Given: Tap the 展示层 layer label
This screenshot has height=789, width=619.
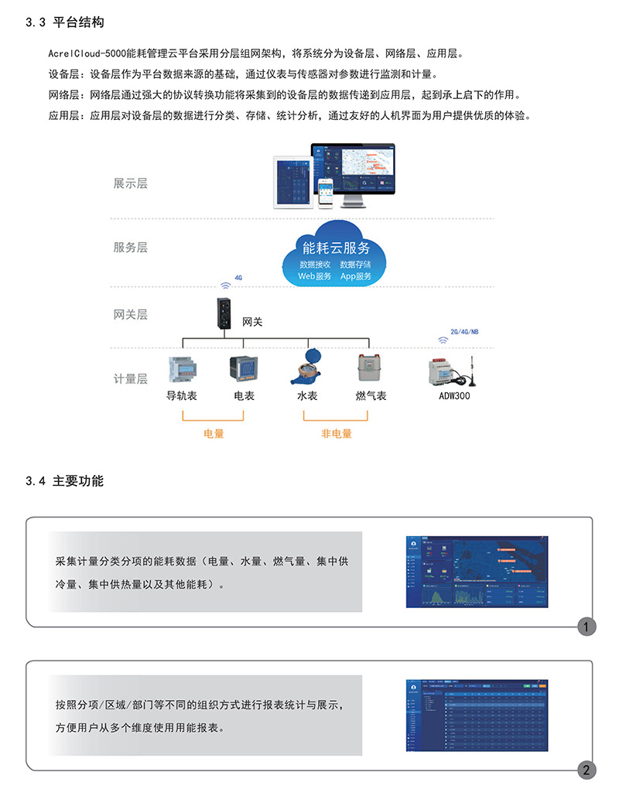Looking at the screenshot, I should pyautogui.click(x=130, y=183).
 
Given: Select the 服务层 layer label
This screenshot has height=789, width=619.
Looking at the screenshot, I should pyautogui.click(x=130, y=248).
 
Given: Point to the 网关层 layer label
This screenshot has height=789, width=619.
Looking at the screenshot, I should pyautogui.click(x=130, y=315).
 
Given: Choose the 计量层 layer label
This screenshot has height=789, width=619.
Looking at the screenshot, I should pyautogui.click(x=130, y=379).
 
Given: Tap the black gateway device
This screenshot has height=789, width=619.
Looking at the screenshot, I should pyautogui.click(x=224, y=315).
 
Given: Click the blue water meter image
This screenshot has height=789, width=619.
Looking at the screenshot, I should pyautogui.click(x=307, y=366).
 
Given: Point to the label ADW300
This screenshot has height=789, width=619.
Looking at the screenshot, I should pyautogui.click(x=454, y=396).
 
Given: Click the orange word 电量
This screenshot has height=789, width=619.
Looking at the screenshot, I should pyautogui.click(x=214, y=434).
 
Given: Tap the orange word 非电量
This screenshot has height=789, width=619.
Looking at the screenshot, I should pyautogui.click(x=336, y=434).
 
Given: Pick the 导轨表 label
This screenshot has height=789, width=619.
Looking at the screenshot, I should pyautogui.click(x=182, y=396).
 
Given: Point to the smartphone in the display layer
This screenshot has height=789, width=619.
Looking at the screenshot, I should pyautogui.click(x=327, y=193).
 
